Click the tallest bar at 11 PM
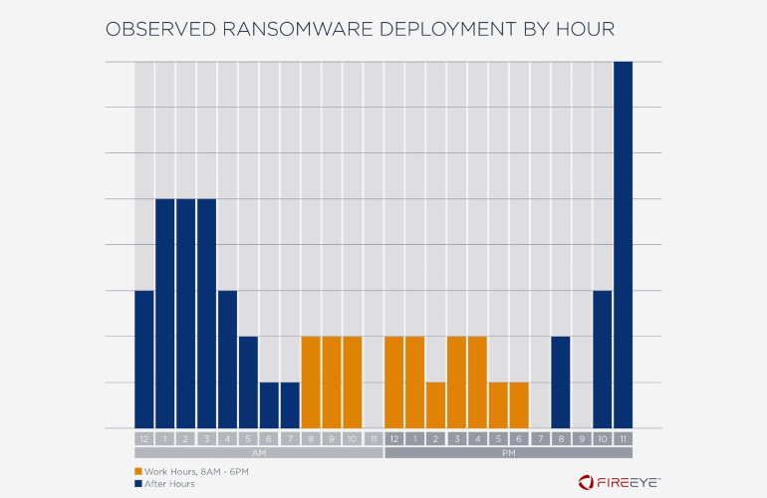tap(623, 245)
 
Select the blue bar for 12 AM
tap(144, 360)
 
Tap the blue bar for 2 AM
tap(186, 314)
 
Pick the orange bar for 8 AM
tap(311, 382)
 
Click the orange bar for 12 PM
tap(393, 382)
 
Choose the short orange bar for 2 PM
tap(435, 405)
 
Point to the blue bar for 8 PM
tap(561, 382)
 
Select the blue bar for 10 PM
tap(602, 360)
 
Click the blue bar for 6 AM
tap(269, 405)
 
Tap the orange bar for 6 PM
tap(519, 405)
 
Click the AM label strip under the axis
tap(258, 452)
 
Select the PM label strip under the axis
tap(508, 452)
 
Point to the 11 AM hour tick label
tap(373, 438)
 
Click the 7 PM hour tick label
tap(540, 438)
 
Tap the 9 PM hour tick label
tap(582, 438)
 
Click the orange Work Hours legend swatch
tap(138, 470)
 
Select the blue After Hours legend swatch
tap(138, 483)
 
